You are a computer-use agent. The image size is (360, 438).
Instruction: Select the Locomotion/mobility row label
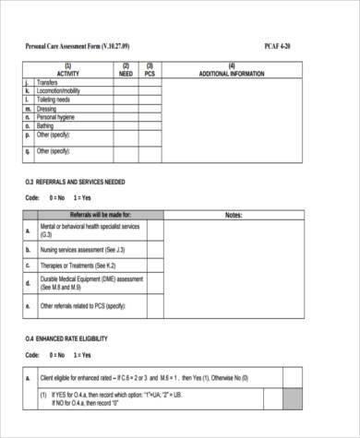(58, 91)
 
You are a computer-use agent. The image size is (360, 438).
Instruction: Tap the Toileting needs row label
(54, 100)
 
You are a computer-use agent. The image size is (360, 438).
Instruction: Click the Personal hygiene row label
(56, 117)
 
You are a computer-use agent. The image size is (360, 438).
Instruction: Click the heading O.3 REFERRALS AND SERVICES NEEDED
(75, 182)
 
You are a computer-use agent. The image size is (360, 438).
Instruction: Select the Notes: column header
(234, 214)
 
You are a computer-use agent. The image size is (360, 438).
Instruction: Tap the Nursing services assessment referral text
(83, 249)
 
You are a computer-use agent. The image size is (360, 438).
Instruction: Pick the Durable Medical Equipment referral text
(91, 282)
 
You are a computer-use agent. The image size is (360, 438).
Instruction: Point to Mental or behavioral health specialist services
(90, 229)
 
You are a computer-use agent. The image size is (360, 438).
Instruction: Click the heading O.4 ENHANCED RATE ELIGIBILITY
(66, 339)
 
